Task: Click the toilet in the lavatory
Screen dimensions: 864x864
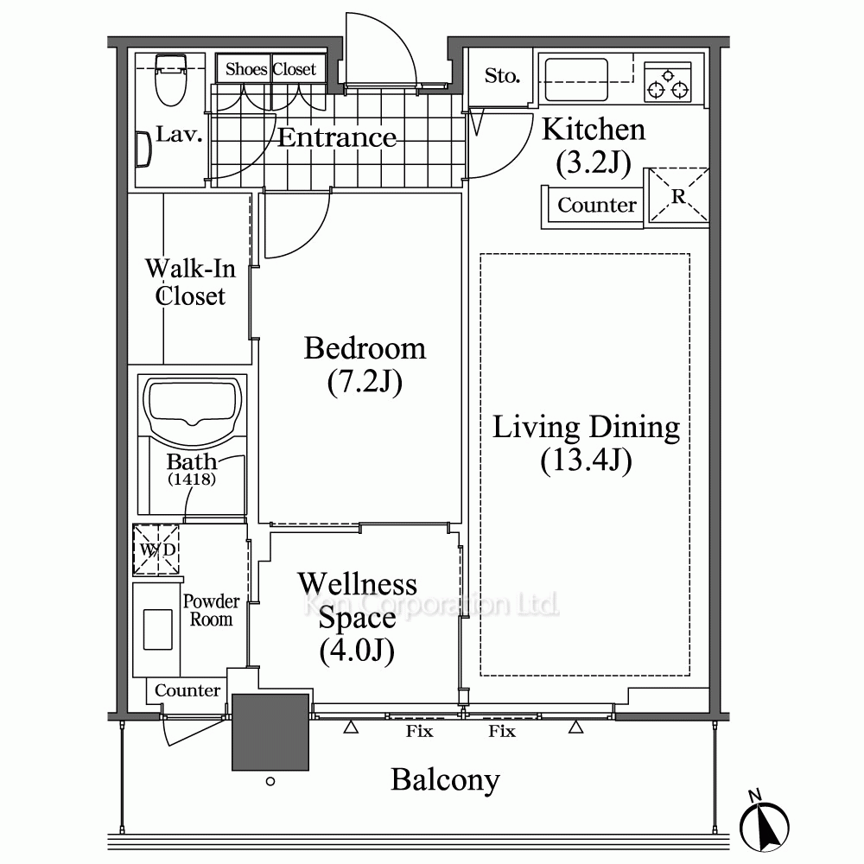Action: [170, 79]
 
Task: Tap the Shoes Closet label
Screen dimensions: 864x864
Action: [270, 69]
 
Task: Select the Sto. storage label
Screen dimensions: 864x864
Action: [502, 75]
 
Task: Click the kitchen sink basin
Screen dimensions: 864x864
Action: [576, 79]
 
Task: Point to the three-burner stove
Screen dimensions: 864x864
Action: [667, 82]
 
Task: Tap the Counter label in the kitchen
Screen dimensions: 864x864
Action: [597, 205]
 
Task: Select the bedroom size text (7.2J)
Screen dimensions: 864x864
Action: [365, 381]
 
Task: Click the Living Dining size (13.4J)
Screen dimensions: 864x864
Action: [587, 461]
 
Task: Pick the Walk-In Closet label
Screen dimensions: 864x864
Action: [190, 283]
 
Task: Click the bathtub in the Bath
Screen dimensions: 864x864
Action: [193, 410]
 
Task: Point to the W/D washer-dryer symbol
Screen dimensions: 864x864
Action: [156, 550]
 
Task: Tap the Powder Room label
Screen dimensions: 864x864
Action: [211, 610]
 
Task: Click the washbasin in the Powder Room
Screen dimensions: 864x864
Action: [157, 629]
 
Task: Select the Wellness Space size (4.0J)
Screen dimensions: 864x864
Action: [357, 651]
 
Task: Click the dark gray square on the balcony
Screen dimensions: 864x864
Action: [270, 732]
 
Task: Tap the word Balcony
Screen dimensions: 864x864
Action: [445, 780]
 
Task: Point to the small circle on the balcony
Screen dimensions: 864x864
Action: [270, 781]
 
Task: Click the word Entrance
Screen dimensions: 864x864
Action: [336, 137]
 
